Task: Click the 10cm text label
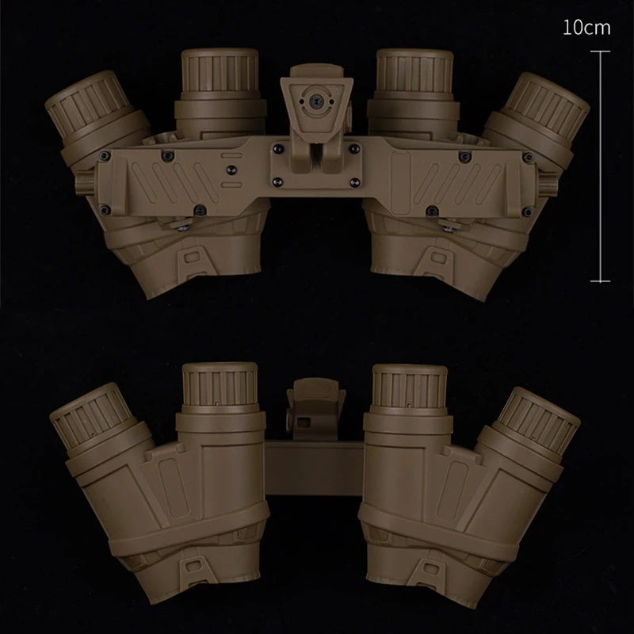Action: coord(586,28)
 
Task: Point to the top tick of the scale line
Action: coord(600,52)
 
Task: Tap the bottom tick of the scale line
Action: coord(600,281)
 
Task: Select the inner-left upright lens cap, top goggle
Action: coord(220,71)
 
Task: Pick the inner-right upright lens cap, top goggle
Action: coord(414,71)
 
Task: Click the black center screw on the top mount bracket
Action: coord(314,101)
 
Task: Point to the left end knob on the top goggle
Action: coord(85,182)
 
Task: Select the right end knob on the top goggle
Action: coord(548,182)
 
